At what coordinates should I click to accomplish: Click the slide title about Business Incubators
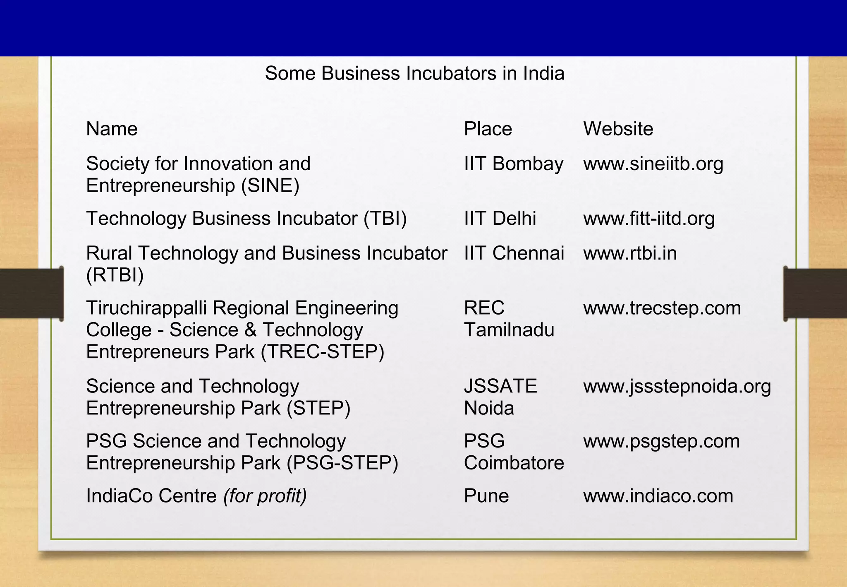(414, 73)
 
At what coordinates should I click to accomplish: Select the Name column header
(112, 129)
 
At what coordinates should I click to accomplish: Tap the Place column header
(488, 129)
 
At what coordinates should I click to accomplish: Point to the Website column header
(618, 129)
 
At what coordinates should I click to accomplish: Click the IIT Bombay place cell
(513, 164)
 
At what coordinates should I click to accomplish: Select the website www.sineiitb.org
(653, 164)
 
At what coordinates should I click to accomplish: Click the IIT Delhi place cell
(500, 219)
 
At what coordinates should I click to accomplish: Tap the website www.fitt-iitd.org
(648, 219)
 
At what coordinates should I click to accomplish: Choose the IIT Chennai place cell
(514, 253)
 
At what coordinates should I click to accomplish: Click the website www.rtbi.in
(629, 253)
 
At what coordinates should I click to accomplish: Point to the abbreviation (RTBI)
(115, 275)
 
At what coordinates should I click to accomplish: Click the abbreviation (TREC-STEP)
(323, 352)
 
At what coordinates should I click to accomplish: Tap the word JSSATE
(500, 386)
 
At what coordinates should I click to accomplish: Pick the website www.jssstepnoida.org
(677, 386)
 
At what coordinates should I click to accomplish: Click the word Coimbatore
(514, 463)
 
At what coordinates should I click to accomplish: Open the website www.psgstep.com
(661, 441)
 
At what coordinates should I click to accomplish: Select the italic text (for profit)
(265, 496)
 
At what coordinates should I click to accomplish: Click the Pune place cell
(486, 496)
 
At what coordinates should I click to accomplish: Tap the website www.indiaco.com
(658, 496)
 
